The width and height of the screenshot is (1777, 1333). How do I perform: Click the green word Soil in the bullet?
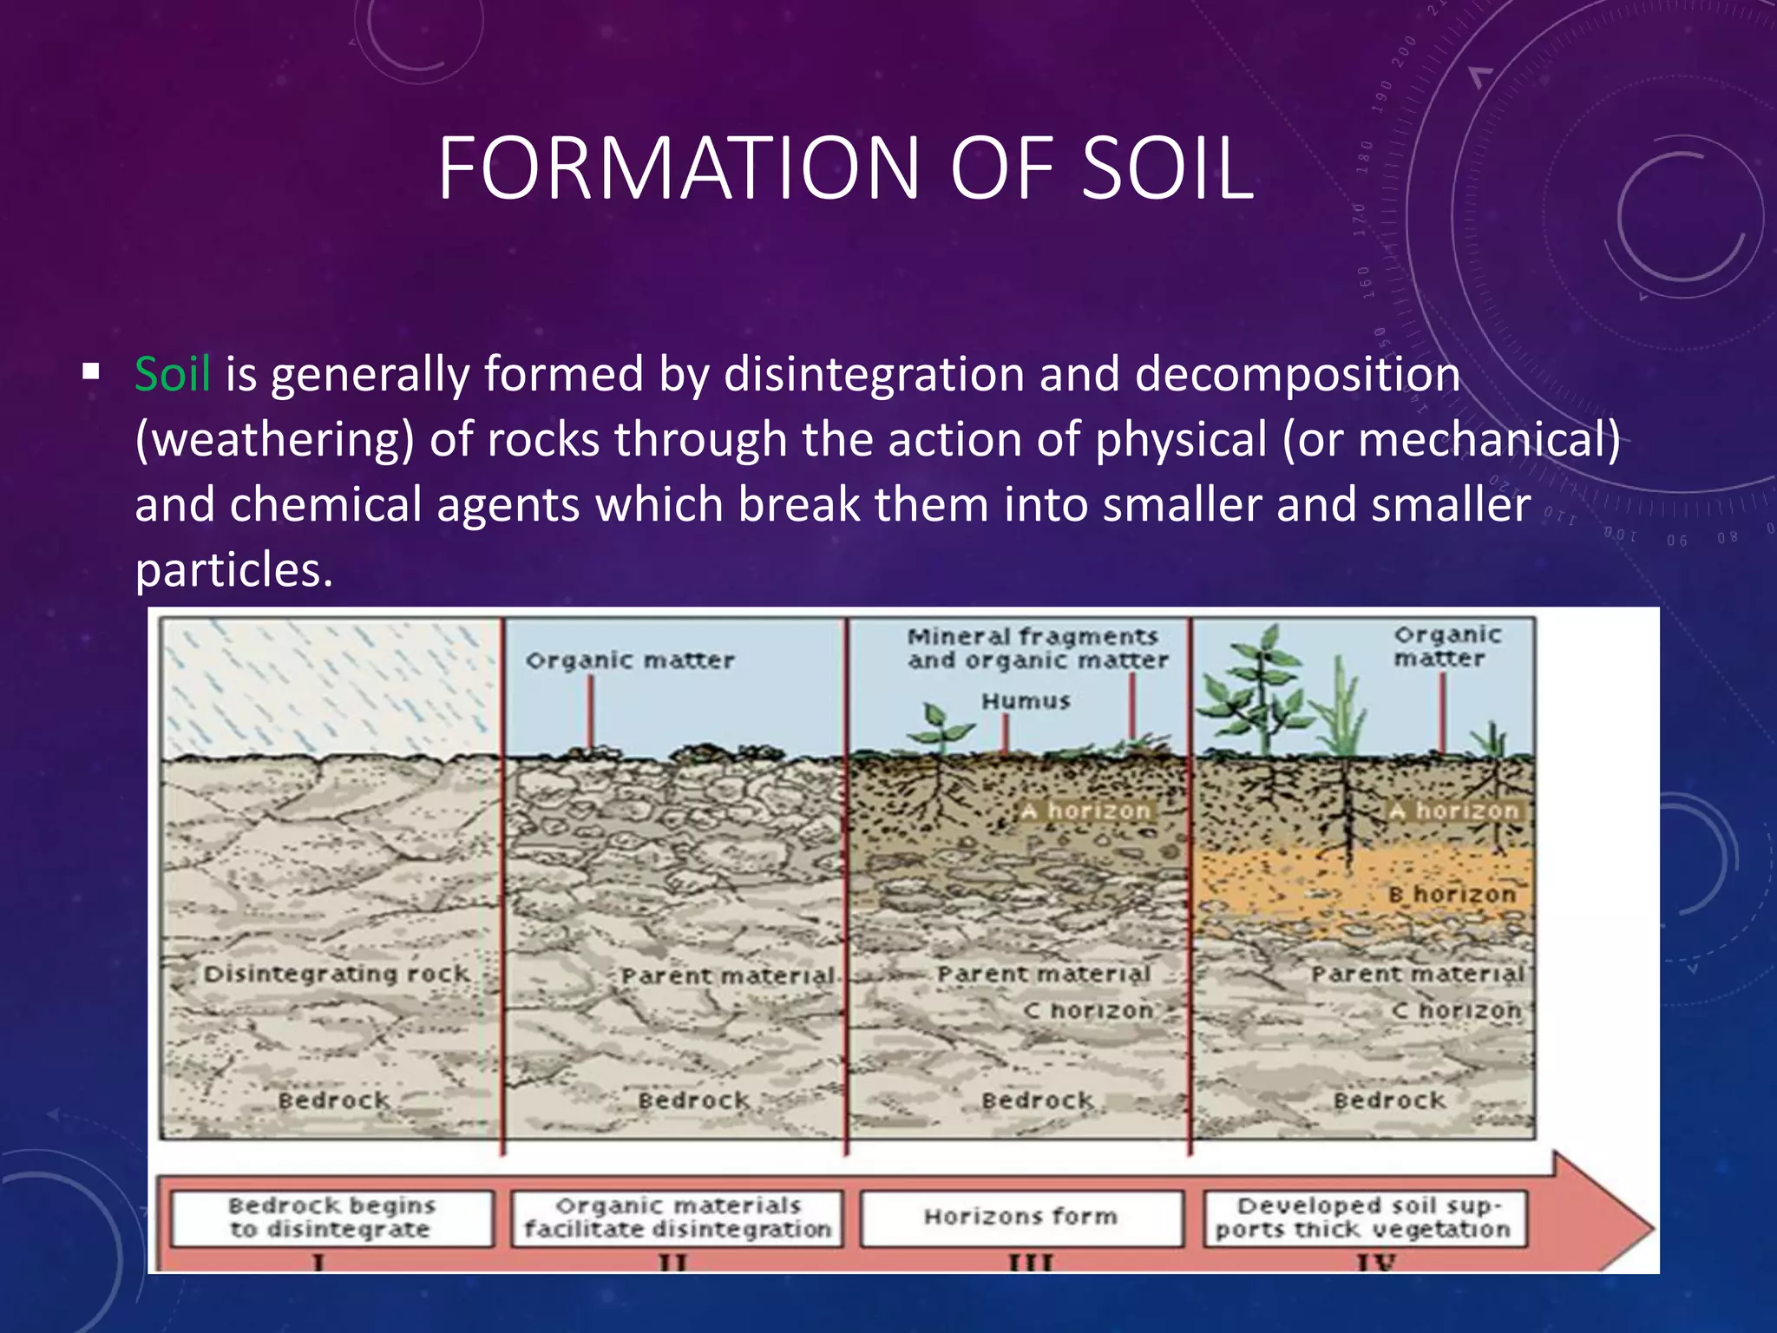(172, 375)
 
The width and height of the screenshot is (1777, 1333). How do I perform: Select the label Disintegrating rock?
(336, 974)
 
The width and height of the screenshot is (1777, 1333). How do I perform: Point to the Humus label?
(1026, 700)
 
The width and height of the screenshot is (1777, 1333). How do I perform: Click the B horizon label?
(1451, 894)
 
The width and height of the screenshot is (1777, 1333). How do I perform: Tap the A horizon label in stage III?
(1085, 811)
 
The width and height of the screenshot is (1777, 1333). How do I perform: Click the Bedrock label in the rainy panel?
(334, 1100)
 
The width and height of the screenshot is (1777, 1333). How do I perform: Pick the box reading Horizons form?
(1021, 1217)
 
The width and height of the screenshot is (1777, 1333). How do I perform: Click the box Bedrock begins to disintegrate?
(331, 1218)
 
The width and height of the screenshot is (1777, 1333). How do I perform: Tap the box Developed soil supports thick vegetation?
(1364, 1218)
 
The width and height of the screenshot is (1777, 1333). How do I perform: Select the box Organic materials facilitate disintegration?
(677, 1218)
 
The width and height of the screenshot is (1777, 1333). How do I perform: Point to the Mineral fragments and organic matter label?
(1037, 648)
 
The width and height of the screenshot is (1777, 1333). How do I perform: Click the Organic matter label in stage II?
(630, 660)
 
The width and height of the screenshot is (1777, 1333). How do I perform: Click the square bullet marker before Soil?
(91, 374)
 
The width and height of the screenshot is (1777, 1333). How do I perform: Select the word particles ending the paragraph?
(233, 570)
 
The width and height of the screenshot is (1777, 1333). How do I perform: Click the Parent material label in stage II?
(727, 976)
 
